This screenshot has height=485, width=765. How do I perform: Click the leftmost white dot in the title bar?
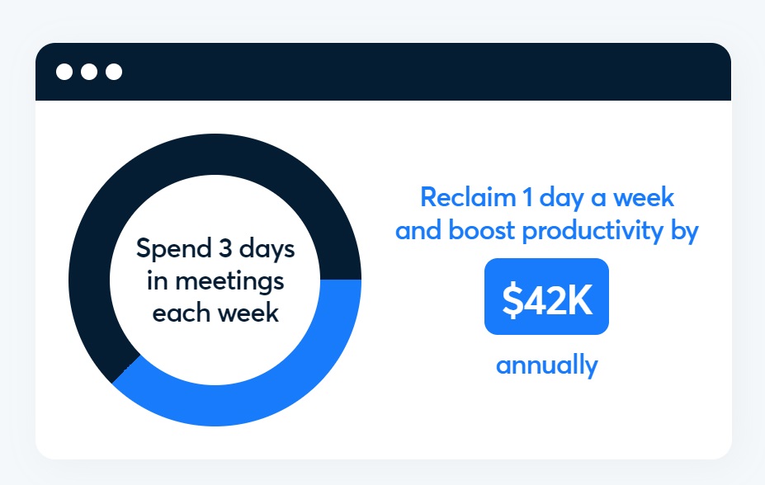64,72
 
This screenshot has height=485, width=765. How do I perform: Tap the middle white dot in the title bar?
89,72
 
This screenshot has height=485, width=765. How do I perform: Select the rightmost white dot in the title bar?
114,72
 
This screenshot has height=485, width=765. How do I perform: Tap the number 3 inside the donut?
225,248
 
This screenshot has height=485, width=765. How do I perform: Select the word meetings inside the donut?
229,282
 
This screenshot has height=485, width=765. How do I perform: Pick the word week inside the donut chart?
248,312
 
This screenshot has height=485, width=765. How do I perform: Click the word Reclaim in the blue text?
468,197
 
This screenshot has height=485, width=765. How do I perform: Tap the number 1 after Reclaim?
528,197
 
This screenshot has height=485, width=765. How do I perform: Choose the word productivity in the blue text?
593,231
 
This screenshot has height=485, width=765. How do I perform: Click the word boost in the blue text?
481,229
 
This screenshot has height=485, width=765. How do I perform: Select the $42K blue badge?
546,296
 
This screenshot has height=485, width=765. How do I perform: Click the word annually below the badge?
547,365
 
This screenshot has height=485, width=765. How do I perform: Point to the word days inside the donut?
267,248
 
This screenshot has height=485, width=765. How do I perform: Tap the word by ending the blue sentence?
685,231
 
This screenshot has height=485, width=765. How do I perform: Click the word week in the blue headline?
644,197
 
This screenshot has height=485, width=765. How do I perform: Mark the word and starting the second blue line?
418,229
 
